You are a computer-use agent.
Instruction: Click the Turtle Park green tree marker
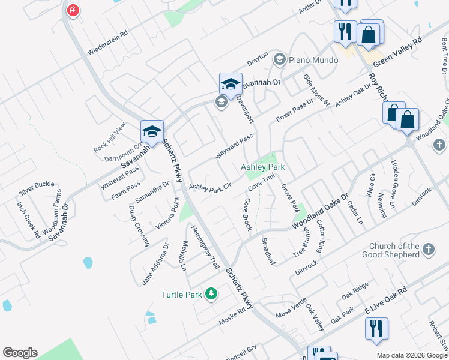click(x=211, y=293)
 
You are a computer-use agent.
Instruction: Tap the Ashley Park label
click(x=262, y=167)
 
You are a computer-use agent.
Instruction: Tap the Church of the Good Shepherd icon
click(x=427, y=249)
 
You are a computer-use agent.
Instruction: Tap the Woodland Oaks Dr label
click(x=321, y=211)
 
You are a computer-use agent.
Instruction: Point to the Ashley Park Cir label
click(x=210, y=189)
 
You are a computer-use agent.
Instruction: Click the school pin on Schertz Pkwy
click(x=152, y=132)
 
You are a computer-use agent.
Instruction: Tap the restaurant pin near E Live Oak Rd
click(x=376, y=329)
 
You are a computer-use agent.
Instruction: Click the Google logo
click(x=20, y=353)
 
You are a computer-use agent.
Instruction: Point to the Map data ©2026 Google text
click(x=411, y=355)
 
